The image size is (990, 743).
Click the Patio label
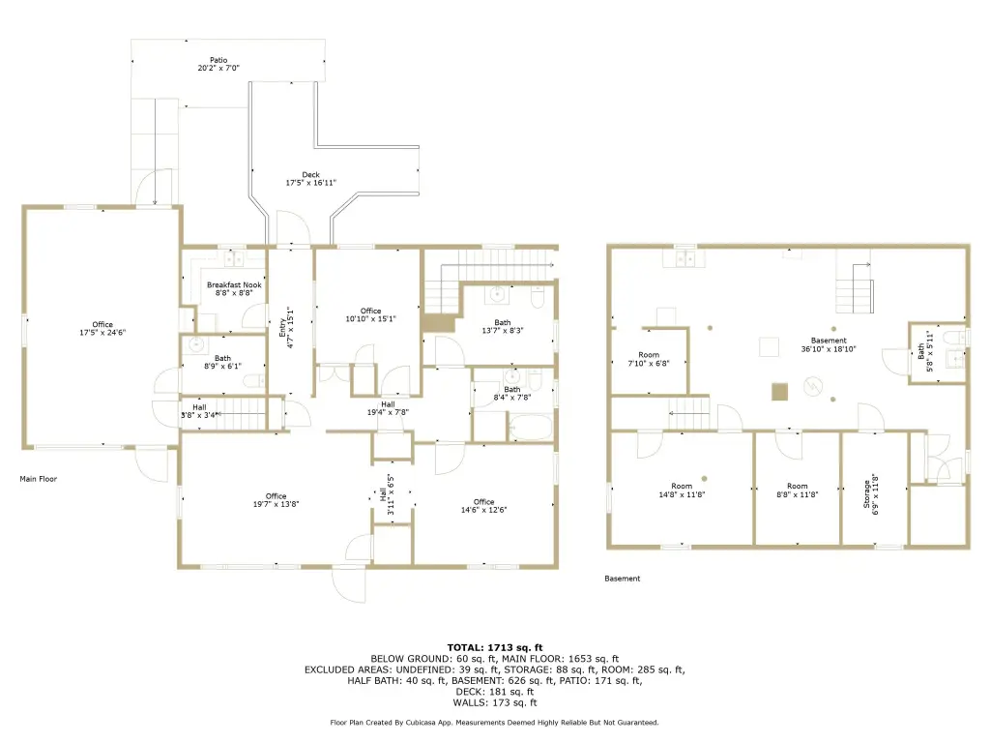[x=218, y=60]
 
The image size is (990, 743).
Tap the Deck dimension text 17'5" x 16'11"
[x=310, y=183]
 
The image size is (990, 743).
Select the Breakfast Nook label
[x=234, y=285]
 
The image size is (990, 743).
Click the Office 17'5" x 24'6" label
[x=102, y=329]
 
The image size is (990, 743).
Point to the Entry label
[x=282, y=327]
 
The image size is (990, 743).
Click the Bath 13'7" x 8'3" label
[x=503, y=326]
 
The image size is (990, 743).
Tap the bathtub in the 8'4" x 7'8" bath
[x=531, y=427]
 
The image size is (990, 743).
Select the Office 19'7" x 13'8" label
[x=276, y=500]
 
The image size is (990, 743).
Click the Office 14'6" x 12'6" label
[x=483, y=505]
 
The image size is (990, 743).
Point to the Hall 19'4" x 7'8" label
[x=388, y=408]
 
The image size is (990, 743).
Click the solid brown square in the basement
[x=780, y=392]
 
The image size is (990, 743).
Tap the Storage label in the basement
[x=867, y=494]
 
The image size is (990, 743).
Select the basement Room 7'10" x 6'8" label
[x=649, y=359]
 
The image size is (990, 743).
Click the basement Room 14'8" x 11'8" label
[x=682, y=490]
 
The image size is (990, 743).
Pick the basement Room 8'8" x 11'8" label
[x=798, y=490]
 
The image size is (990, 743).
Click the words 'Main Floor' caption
[x=39, y=479]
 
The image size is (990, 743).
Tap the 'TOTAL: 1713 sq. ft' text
[x=495, y=647]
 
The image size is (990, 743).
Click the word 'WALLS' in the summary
[x=470, y=702]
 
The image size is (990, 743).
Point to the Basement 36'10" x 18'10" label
[x=829, y=344]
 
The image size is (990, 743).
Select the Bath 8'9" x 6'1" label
[x=223, y=362]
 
